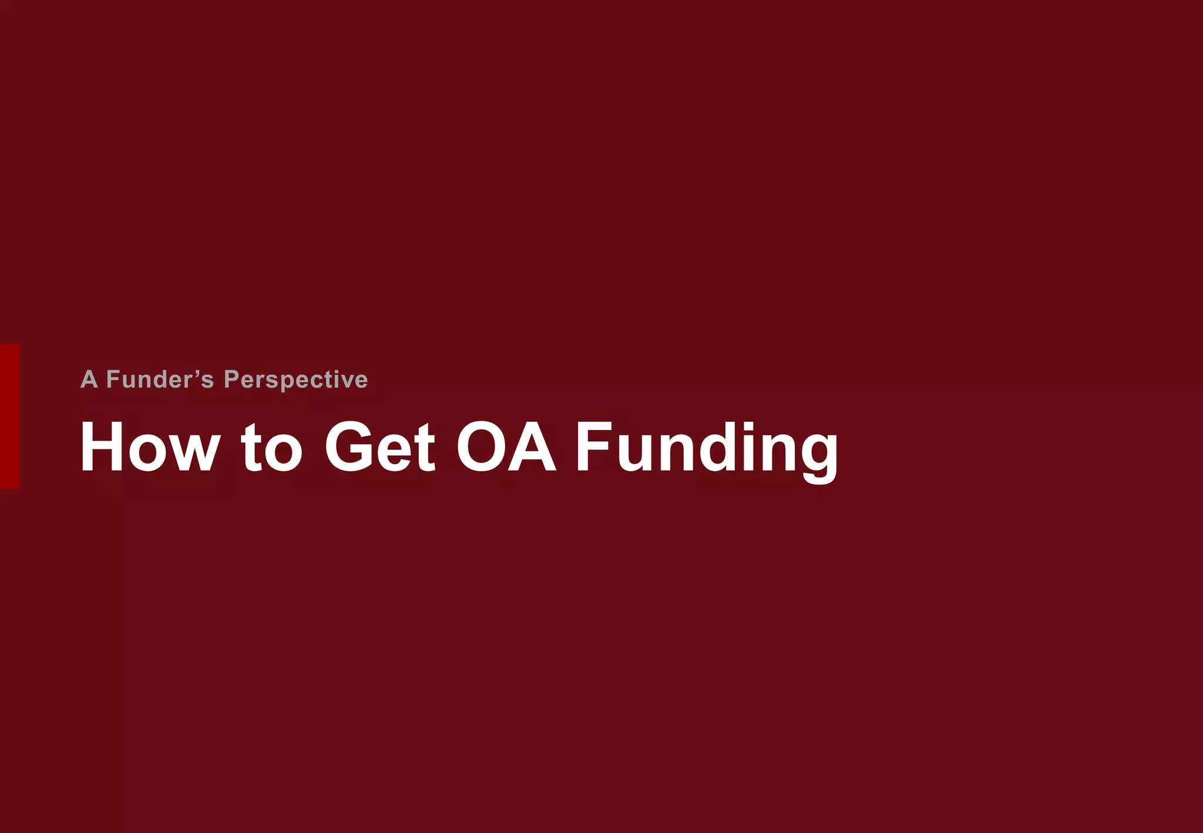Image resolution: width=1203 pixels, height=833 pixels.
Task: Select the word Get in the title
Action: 380,447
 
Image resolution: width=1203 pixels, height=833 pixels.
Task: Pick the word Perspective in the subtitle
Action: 296,380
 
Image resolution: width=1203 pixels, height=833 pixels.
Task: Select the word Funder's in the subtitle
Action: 160,379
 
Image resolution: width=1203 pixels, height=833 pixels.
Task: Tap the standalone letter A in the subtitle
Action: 89,379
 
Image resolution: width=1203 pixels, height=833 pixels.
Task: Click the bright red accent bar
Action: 9,416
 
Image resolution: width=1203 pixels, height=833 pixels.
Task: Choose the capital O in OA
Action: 481,447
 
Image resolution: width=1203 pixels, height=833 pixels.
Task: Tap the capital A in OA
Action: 532,447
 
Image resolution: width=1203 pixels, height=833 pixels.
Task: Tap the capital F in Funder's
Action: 113,379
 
